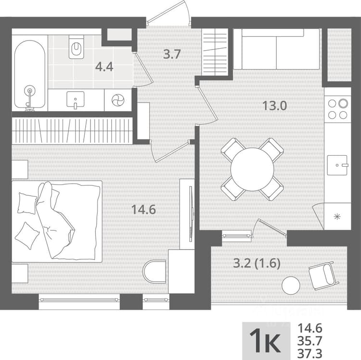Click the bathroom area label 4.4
(x=104, y=67)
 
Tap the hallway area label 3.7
(x=172, y=54)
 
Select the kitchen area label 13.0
(x=275, y=106)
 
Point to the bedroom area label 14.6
(x=143, y=210)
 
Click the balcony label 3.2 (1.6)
(x=257, y=264)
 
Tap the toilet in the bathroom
(x=76, y=47)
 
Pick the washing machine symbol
(x=118, y=100)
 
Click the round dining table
(x=252, y=169)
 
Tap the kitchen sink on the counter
(x=337, y=165)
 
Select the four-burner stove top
(x=337, y=109)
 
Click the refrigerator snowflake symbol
(x=337, y=217)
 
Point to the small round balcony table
(x=291, y=285)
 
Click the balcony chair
(x=323, y=275)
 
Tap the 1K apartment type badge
(x=266, y=341)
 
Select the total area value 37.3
(x=309, y=353)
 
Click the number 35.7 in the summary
(x=309, y=341)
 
